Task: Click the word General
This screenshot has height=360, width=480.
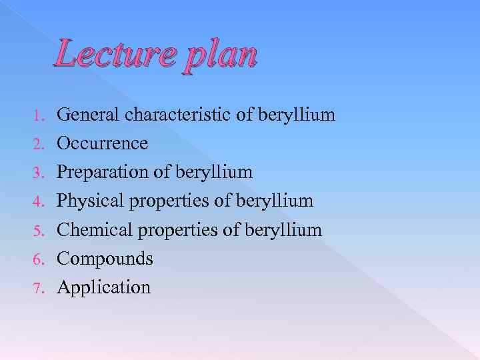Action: [x=87, y=115]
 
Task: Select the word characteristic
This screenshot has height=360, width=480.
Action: [x=177, y=115]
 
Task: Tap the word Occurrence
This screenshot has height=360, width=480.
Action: [x=102, y=144]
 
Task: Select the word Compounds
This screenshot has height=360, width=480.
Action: [x=105, y=259]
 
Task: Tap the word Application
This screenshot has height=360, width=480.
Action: [x=103, y=287]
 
